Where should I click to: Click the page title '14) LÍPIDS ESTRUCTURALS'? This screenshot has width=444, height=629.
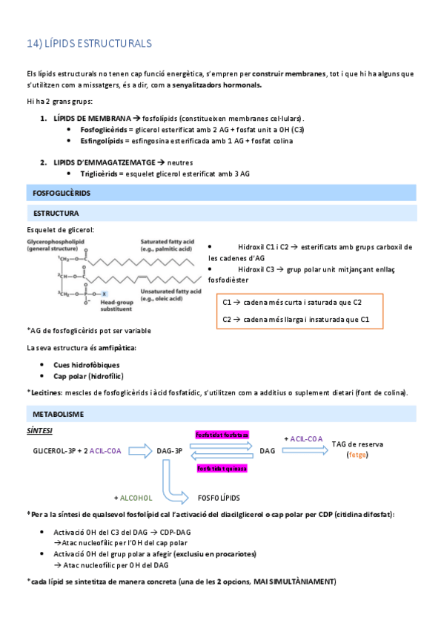pyautogui.click(x=88, y=44)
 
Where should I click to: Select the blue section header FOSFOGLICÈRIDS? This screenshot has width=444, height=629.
pyautogui.click(x=62, y=193)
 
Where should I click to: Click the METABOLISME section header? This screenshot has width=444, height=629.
pyautogui.click(x=59, y=413)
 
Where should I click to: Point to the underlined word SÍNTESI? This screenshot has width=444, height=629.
pyautogui.click(x=39, y=431)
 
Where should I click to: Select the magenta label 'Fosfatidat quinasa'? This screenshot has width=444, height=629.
pyautogui.click(x=222, y=468)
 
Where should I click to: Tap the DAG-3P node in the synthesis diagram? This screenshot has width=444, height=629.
pyautogui.click(x=170, y=450)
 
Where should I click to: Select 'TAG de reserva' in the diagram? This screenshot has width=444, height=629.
pyautogui.click(x=357, y=444)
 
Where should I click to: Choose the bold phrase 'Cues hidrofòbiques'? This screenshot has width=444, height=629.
pyautogui.click(x=87, y=365)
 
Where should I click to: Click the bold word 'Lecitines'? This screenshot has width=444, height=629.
pyautogui.click(x=46, y=392)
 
